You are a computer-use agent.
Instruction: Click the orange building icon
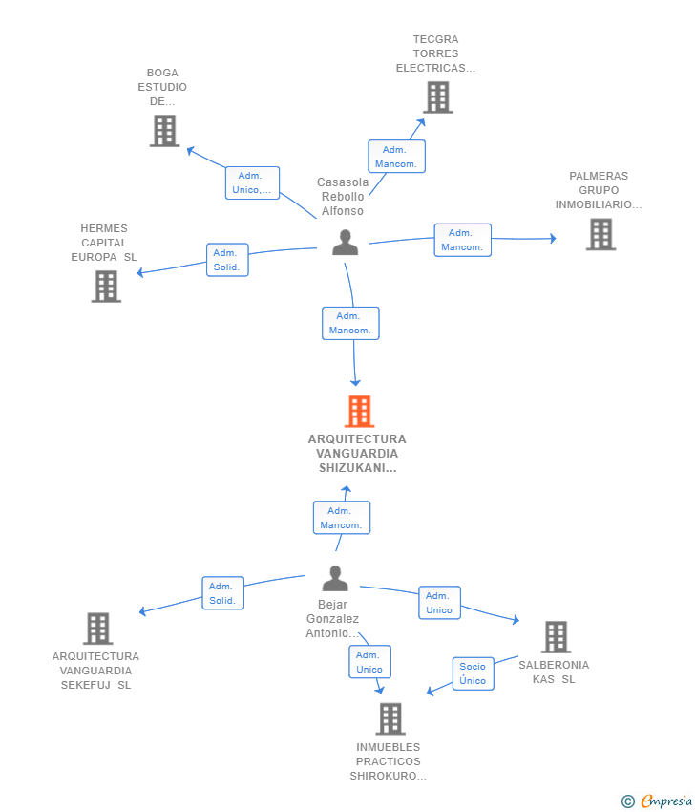coord(359,411)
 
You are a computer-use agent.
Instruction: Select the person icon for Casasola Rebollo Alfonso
coord(346,243)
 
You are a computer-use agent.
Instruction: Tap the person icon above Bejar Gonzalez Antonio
coord(335,579)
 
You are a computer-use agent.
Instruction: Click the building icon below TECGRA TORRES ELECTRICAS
coord(438,97)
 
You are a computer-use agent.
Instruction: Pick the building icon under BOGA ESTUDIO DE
coord(164,131)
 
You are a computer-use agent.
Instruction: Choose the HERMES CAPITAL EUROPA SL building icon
coord(106,287)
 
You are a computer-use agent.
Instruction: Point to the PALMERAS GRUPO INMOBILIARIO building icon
coord(600,234)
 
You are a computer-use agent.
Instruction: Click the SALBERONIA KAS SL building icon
coord(557,637)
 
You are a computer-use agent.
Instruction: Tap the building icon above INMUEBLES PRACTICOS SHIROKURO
coord(390,718)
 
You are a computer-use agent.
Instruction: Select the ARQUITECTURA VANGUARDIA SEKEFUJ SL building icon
coord(97,629)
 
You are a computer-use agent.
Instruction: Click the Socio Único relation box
coord(473,673)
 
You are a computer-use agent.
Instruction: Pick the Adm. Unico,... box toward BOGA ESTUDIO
coord(253,182)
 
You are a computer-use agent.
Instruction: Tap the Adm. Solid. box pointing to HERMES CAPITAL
coord(228,260)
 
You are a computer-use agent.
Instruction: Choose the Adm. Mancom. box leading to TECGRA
coord(396,157)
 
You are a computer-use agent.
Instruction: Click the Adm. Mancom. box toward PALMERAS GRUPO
coord(463,240)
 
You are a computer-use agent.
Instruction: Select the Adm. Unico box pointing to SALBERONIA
coord(439,603)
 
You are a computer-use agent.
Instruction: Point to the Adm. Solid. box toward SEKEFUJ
coord(223,593)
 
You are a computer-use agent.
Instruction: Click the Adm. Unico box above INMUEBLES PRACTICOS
coord(369,662)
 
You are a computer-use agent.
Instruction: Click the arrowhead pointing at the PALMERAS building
coord(553,238)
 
